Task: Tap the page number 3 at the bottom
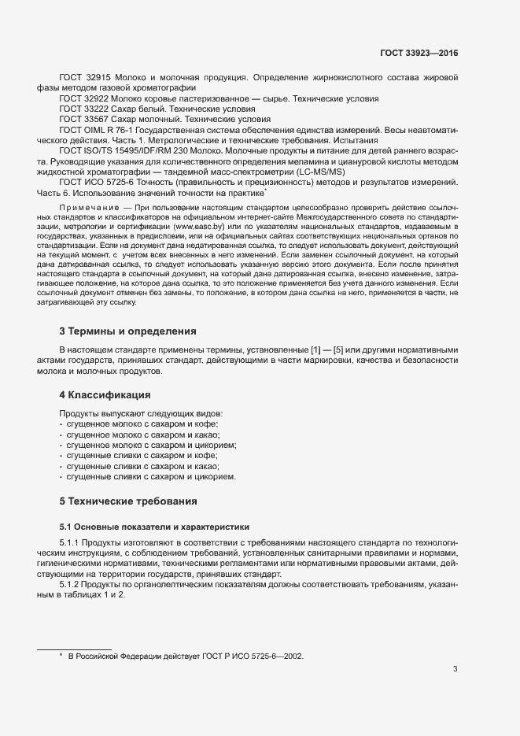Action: pos(455,670)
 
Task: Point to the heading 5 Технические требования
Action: pos(129,501)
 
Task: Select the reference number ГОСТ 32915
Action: pos(83,78)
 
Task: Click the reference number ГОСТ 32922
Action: pos(83,98)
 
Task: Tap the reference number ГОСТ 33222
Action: pos(83,109)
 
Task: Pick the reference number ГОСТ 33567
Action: pos(83,119)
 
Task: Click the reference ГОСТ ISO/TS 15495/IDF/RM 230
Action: pos(124,150)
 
